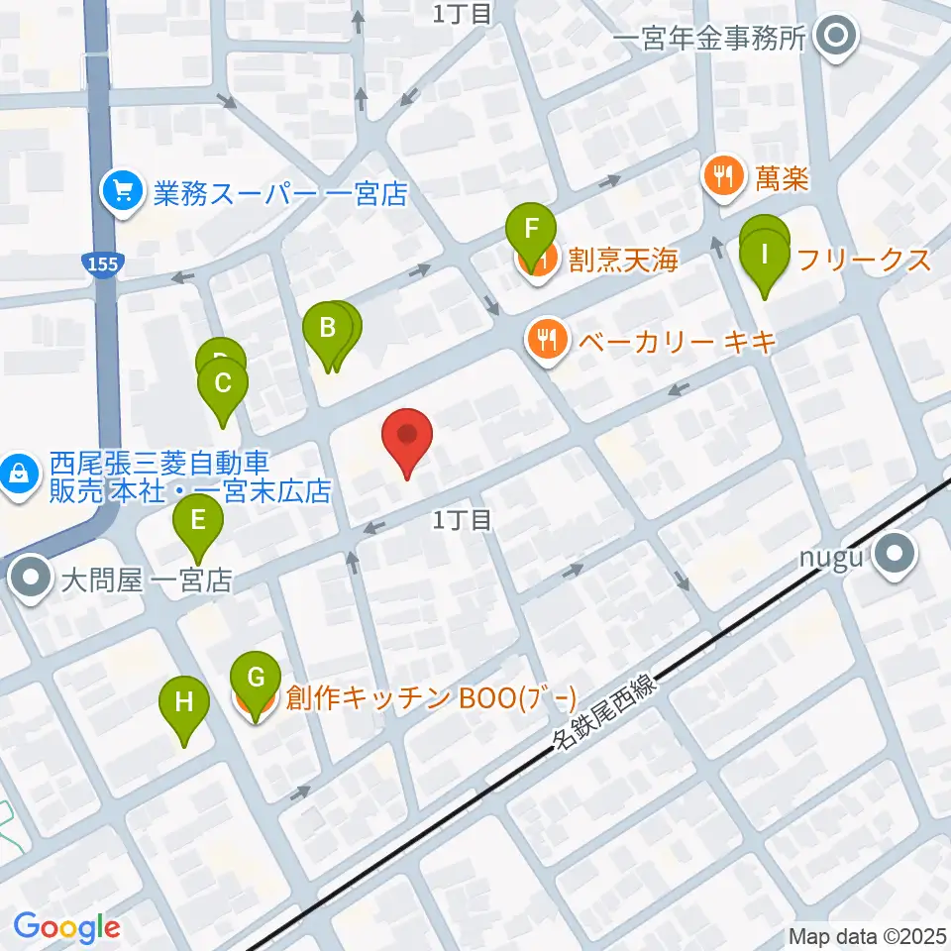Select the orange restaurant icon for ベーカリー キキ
pos(545,340)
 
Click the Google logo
pos(66,927)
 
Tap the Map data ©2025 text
pos(867,935)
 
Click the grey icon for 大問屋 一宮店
pos(32,580)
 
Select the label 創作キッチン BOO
pos(430,699)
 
